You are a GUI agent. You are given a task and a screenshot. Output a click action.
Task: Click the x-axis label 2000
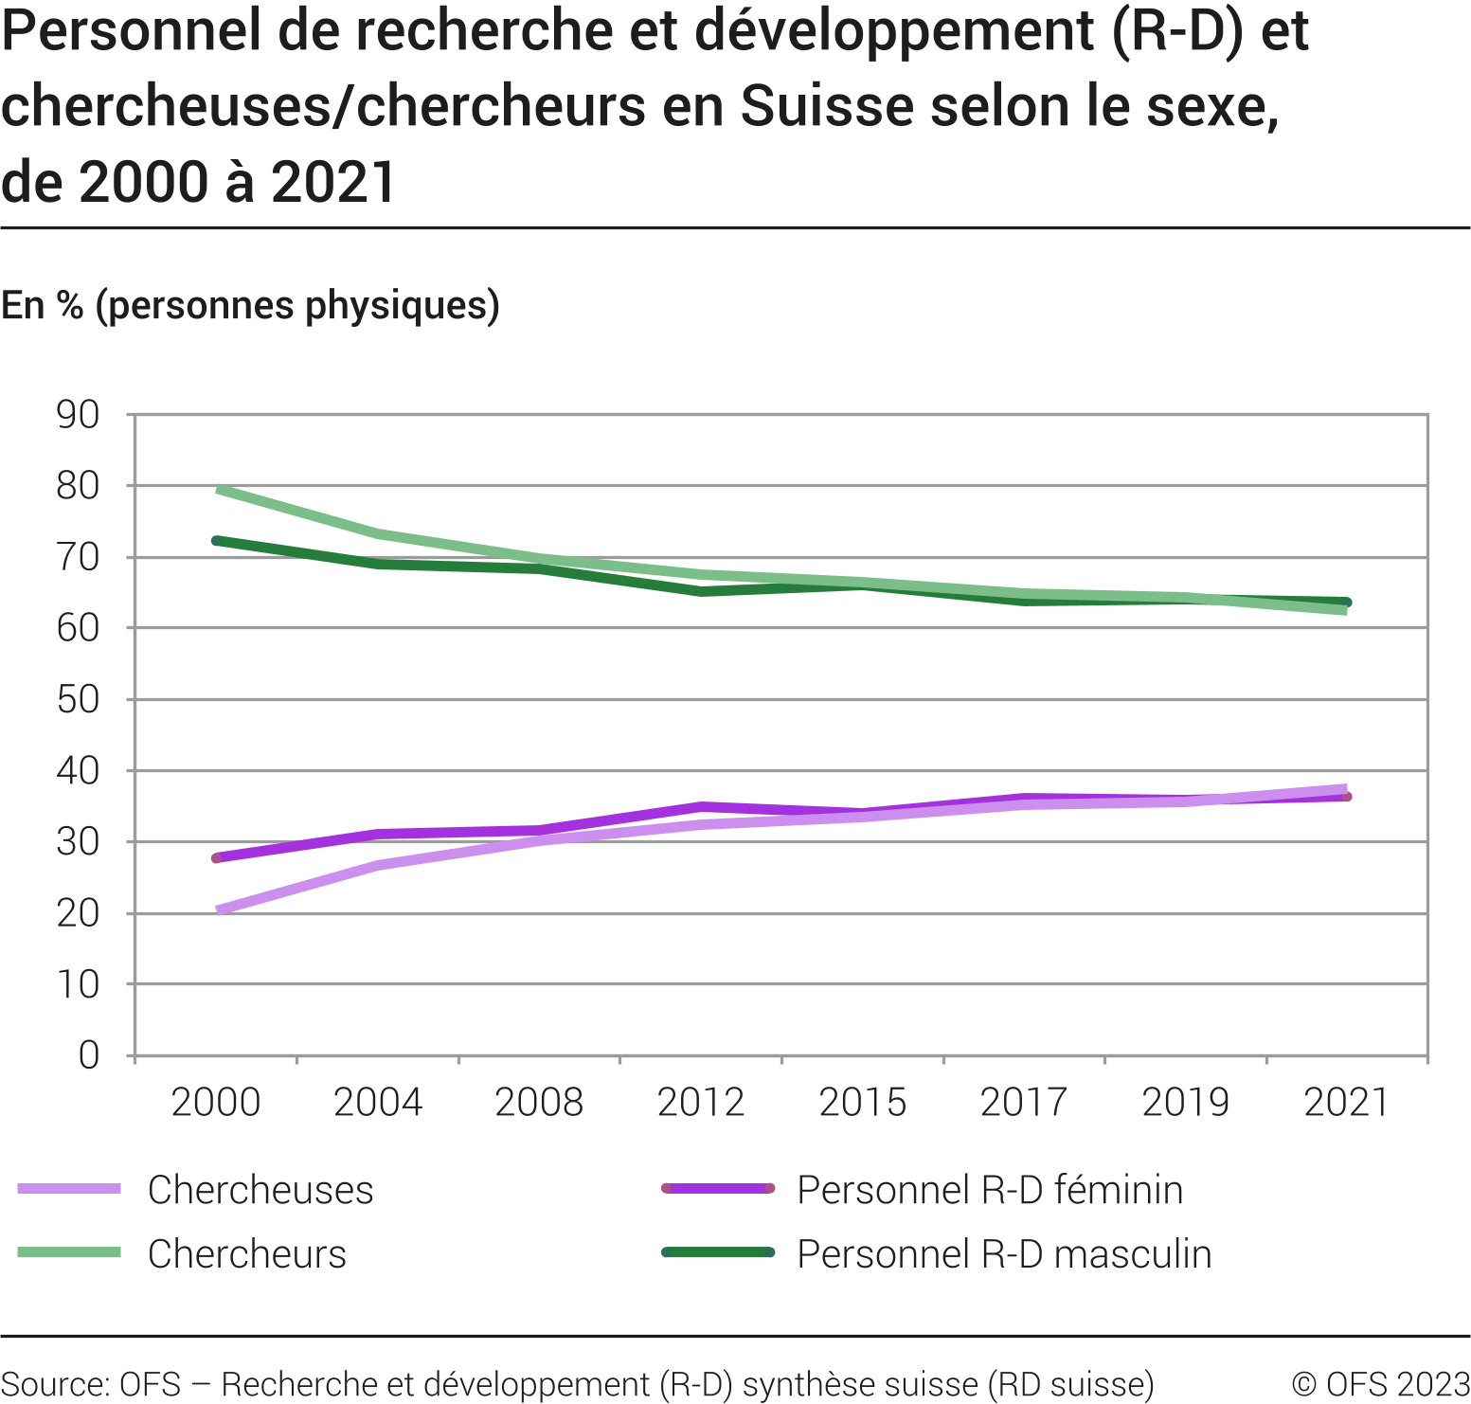pos(216,1103)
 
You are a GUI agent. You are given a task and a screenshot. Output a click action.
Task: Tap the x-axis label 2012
pos(701,1103)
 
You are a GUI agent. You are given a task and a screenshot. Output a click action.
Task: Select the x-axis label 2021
pos(1346,1103)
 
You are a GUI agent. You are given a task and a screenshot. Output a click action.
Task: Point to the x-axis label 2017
pos(1024,1103)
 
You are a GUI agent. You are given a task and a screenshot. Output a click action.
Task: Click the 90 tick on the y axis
pos(79,415)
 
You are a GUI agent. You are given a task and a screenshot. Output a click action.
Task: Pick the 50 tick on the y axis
pos(79,700)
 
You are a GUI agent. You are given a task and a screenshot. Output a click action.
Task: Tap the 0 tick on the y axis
pos(89,1055)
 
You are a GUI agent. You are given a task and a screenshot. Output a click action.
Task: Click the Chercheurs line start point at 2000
pos(218,489)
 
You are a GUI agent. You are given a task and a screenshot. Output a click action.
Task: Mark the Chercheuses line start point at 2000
pos(218,910)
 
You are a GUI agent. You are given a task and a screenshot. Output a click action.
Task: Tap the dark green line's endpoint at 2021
pos(1346,603)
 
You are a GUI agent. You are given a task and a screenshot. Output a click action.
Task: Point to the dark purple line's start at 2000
pos(217,858)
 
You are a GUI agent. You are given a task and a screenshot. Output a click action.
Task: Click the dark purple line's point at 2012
pos(701,807)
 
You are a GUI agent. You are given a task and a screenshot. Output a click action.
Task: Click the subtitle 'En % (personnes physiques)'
pos(251,306)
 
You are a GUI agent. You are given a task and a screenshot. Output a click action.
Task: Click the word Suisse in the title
pos(827,106)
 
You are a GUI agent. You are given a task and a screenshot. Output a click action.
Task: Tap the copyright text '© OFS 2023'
pos(1380,1384)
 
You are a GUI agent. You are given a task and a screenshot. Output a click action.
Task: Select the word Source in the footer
pos(54,1384)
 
